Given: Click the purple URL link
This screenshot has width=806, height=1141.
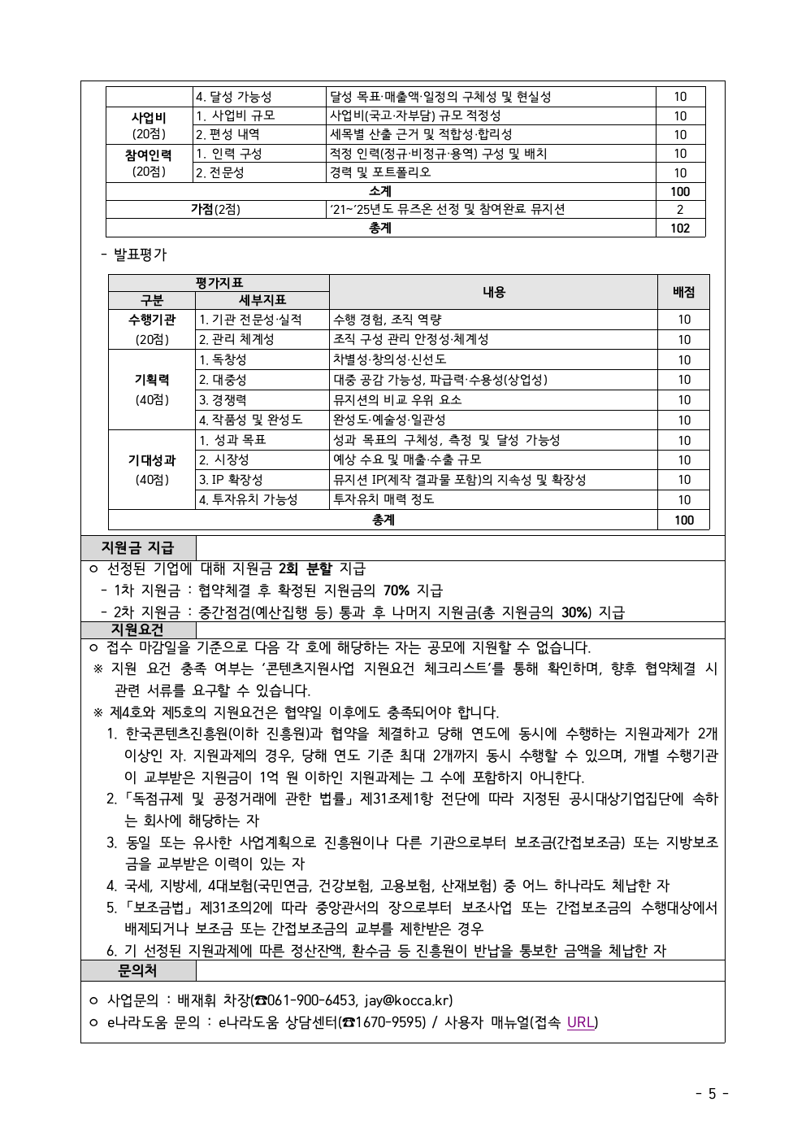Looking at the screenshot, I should pyautogui.click(x=580, y=1022).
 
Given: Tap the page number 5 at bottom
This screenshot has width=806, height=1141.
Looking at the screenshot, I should pyautogui.click(x=712, y=1094).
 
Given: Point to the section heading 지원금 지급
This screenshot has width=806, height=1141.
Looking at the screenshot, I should pyautogui.click(x=137, y=548).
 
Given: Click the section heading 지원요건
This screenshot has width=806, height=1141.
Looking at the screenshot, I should pyautogui.click(x=137, y=630).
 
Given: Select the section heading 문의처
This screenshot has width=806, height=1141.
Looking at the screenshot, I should pyautogui.click(x=137, y=970).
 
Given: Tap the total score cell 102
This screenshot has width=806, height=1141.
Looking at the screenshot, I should pyautogui.click(x=680, y=229).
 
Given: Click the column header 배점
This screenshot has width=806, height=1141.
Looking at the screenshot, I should pyautogui.click(x=683, y=292).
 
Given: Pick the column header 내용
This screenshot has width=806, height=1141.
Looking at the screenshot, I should pyautogui.click(x=493, y=292).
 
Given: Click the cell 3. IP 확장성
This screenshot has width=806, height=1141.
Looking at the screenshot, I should pyautogui.click(x=232, y=480).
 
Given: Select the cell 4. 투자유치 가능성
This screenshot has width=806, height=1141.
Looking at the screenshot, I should pyautogui.click(x=249, y=499).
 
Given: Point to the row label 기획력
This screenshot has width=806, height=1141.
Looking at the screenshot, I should pyautogui.click(x=152, y=380).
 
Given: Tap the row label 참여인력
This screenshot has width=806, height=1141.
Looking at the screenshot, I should pyautogui.click(x=149, y=155).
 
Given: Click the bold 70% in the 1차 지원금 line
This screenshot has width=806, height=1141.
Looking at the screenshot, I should pyautogui.click(x=396, y=590).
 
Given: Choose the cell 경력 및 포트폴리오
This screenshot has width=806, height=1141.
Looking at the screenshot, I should pyautogui.click(x=380, y=172).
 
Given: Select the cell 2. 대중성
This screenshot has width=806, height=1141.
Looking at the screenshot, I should pyautogui.click(x=223, y=380).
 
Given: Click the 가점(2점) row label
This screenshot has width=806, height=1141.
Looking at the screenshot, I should pyautogui.click(x=215, y=210).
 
